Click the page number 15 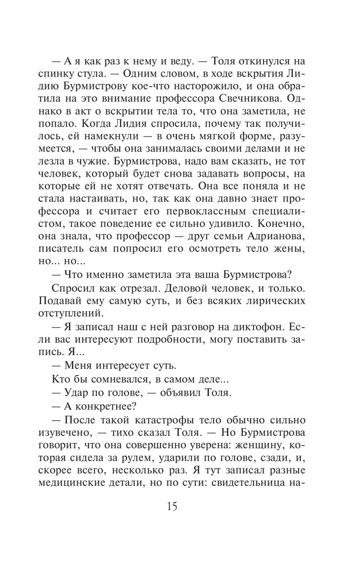(172, 506)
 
